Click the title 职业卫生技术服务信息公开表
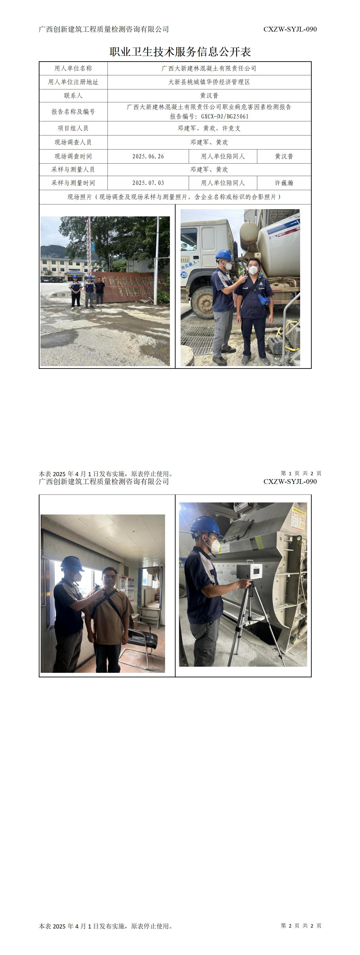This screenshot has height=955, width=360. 180,51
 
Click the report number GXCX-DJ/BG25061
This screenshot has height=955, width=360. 225,116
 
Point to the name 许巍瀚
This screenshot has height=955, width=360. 284,183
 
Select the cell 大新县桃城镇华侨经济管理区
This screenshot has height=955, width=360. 209,82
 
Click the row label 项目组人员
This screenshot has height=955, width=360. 73,128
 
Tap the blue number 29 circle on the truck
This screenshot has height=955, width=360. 184,275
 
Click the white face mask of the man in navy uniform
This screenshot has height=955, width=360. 253,270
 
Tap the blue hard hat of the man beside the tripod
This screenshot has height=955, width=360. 206,526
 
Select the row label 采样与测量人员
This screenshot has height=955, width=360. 73,169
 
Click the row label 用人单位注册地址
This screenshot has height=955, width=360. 73,82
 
